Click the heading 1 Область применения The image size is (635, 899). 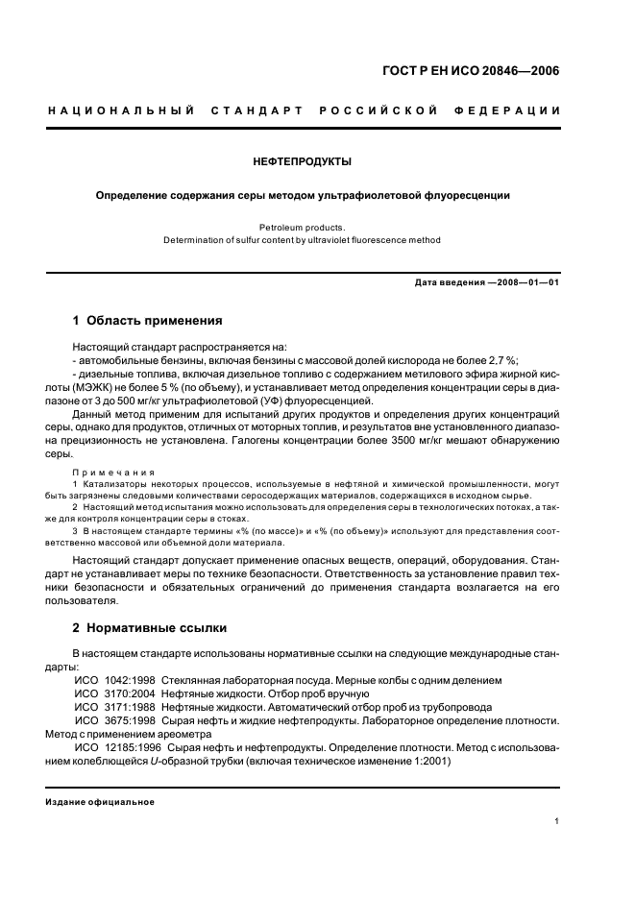click(148, 320)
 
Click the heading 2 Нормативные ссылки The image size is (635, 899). click(150, 628)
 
